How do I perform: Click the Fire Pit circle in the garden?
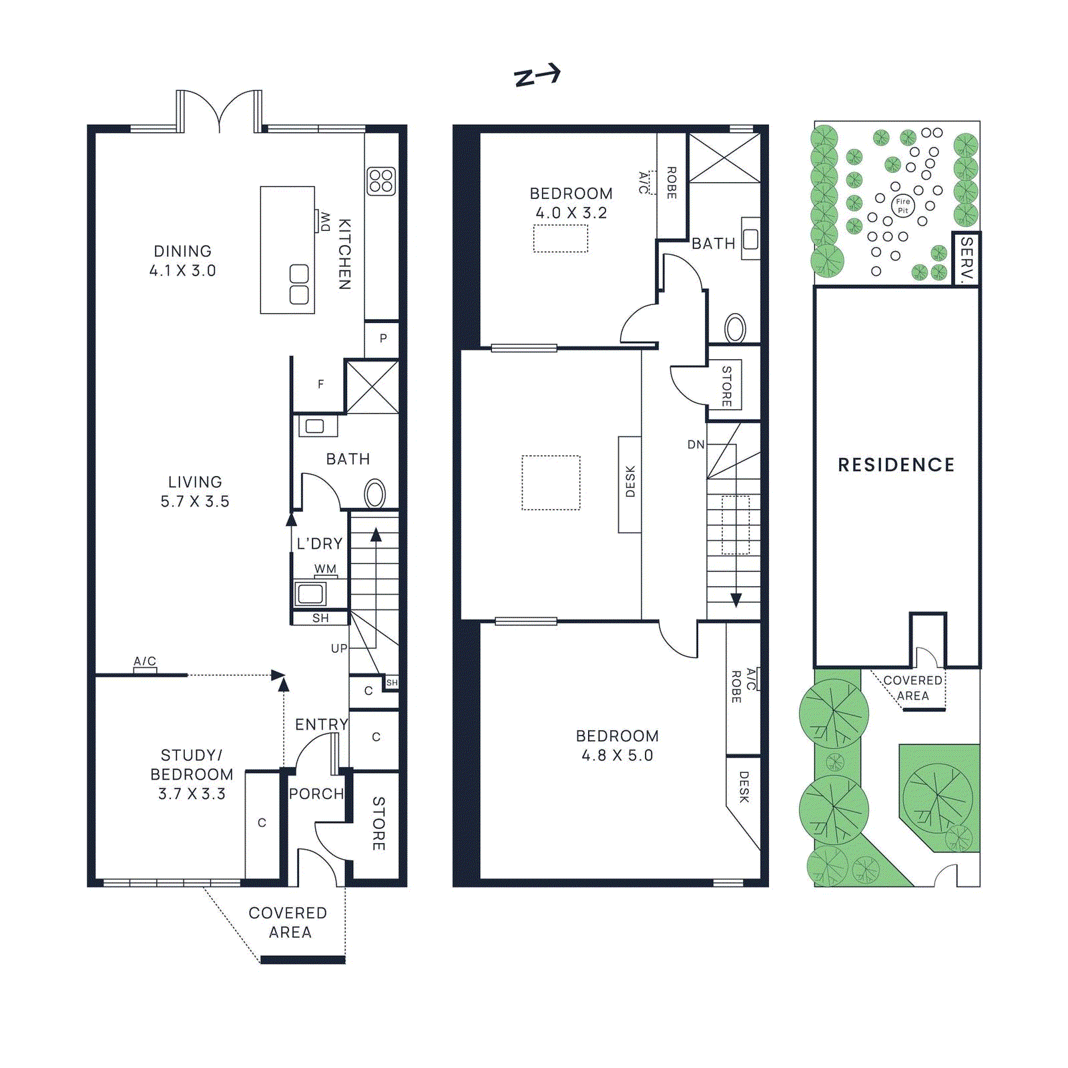(902, 206)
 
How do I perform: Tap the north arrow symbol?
(537, 75)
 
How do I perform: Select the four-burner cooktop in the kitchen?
(381, 181)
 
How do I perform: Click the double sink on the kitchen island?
(299, 284)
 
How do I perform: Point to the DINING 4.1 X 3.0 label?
(182, 261)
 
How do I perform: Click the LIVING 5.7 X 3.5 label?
(194, 491)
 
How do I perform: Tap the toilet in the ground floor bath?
(375, 495)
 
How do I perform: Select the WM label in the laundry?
(325, 569)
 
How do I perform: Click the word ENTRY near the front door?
(322, 724)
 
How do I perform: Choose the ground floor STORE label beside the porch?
(378, 823)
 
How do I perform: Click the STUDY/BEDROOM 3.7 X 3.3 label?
(192, 774)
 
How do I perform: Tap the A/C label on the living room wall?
(145, 661)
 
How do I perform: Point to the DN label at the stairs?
(696, 445)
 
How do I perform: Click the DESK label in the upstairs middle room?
(630, 482)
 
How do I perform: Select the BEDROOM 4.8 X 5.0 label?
(617, 746)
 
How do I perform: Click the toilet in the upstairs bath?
(736, 328)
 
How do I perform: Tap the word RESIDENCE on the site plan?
(896, 465)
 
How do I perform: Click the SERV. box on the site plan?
(966, 259)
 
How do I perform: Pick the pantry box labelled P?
(383, 338)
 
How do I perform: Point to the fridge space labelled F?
(320, 384)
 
